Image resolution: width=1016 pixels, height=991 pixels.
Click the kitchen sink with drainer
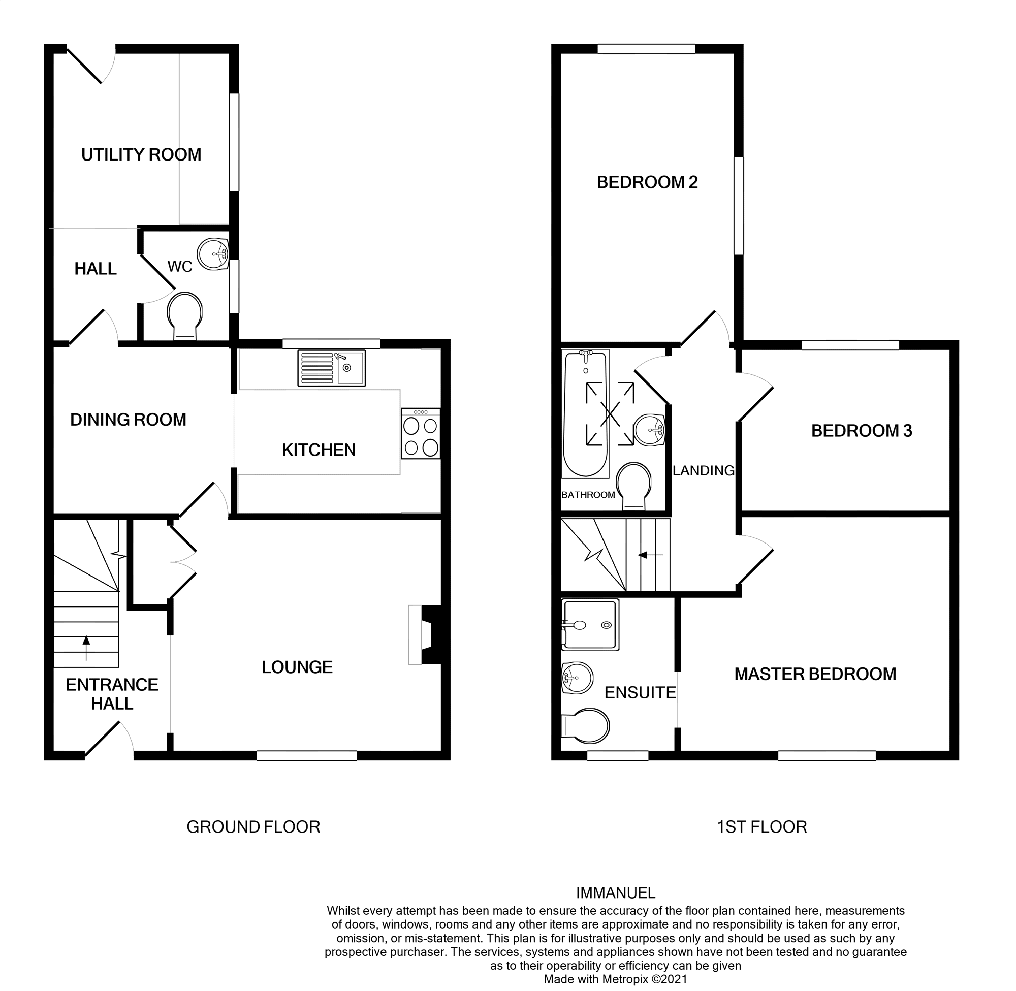coord(332,368)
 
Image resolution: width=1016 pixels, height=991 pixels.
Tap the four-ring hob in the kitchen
coord(421,434)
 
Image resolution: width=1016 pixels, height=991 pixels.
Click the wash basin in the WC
coord(214,254)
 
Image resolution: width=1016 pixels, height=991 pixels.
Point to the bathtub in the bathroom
coord(585,414)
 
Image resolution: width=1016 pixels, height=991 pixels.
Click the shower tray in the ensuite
coord(590,624)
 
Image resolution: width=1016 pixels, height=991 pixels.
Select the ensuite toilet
coord(586,725)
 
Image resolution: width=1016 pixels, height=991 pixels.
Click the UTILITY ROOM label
coord(141,154)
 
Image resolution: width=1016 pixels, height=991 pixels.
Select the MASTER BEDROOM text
coord(815,674)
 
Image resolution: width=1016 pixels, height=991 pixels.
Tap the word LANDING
coord(703,470)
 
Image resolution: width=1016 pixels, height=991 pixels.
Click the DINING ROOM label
coord(128,420)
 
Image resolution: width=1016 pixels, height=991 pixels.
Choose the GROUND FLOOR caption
coord(253,826)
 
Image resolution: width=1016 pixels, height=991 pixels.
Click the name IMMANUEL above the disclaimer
coord(615,893)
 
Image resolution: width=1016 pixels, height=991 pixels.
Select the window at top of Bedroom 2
coord(646,49)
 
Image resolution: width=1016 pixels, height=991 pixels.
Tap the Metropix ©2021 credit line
coord(615,979)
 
